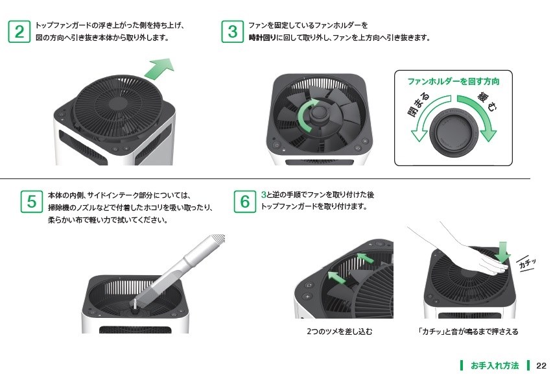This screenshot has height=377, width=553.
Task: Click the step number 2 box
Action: click(x=20, y=32)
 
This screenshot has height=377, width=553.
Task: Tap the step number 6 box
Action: click(x=245, y=201)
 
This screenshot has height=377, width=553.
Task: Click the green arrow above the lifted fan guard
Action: click(x=159, y=67)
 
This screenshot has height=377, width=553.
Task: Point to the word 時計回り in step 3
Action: click(x=262, y=38)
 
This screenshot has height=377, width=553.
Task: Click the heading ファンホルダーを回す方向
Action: click(x=453, y=82)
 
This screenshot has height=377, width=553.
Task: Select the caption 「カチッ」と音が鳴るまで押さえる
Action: click(x=468, y=332)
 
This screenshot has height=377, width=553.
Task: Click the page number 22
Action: click(x=541, y=365)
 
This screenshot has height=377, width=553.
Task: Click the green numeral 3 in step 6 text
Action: click(x=263, y=195)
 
